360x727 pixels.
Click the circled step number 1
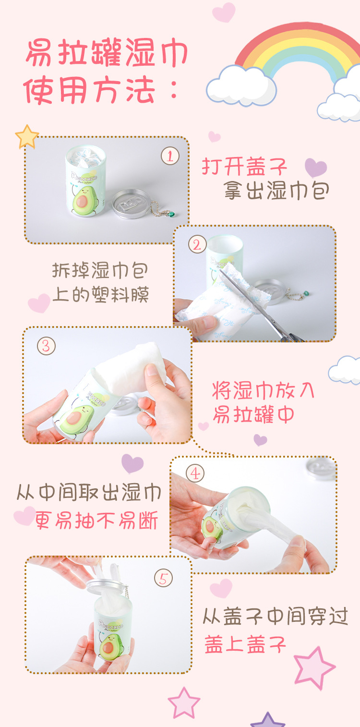click(170, 156)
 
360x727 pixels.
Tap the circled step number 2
click(197, 245)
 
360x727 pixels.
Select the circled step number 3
click(46, 346)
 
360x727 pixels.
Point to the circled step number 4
click(195, 474)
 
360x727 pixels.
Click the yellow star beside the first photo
click(27, 137)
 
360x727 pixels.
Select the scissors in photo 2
click(259, 307)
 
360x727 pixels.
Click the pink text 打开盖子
click(245, 167)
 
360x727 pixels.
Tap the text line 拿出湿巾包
click(277, 191)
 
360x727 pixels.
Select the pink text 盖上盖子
click(245, 643)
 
